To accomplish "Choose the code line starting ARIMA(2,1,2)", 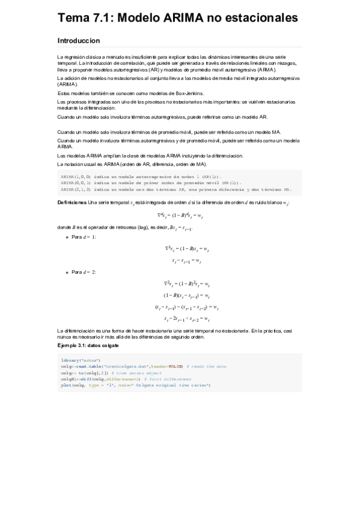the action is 174,188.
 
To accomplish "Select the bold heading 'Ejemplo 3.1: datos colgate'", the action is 88,346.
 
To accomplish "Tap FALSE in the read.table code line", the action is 175,366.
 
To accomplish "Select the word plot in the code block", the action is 66,385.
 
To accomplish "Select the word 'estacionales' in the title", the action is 260,19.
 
